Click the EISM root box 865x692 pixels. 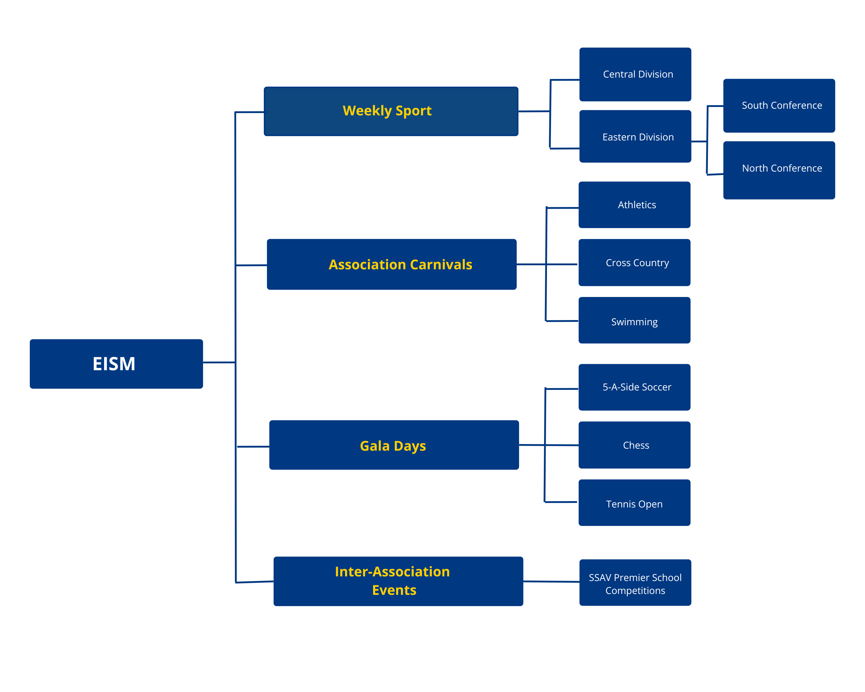point(116,364)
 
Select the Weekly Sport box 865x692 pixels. point(391,111)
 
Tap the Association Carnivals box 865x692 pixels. point(392,264)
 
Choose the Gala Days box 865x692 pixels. point(394,445)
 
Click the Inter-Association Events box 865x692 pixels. point(398,581)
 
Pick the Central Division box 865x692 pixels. point(635,74)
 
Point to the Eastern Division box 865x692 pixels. point(635,136)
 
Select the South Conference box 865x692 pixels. point(779,106)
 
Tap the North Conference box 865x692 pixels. point(779,170)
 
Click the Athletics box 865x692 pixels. point(634,205)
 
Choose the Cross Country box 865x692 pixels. point(634,263)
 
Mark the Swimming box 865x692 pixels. point(634,320)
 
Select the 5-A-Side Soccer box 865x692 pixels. point(634,387)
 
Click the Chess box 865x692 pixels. point(634,445)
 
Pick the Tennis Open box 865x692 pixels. point(634,503)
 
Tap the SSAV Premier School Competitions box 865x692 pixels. point(635,582)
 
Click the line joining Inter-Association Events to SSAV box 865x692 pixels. point(551,582)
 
